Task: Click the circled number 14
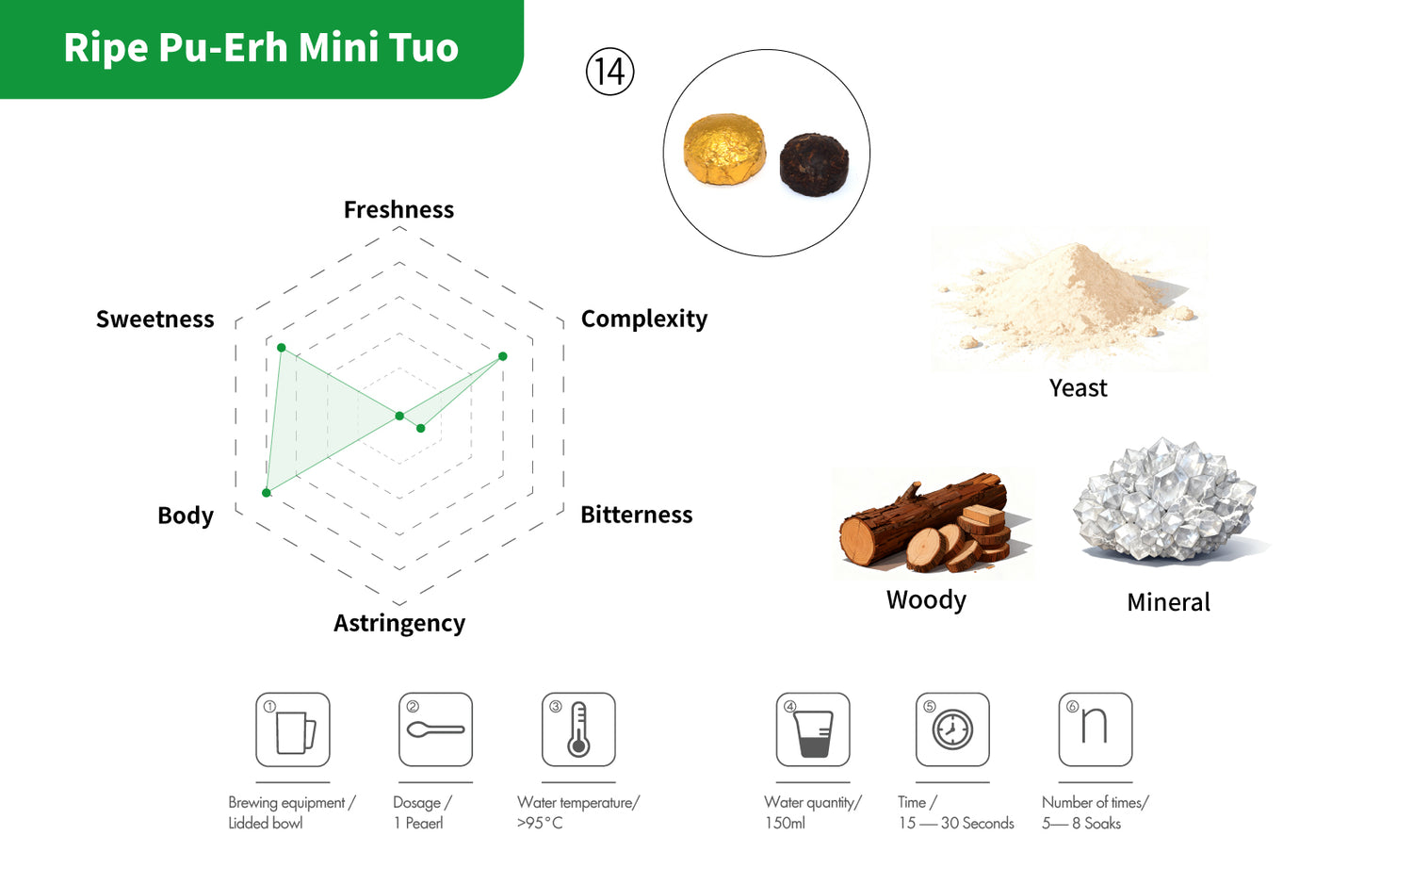(609, 72)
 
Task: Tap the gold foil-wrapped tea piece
(724, 149)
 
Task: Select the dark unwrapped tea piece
(814, 165)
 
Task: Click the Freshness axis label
(398, 209)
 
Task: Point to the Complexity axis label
(644, 319)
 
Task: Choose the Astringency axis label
(399, 623)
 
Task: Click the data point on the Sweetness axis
(282, 348)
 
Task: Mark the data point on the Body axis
(267, 492)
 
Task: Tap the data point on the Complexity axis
(503, 356)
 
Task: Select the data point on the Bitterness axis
(421, 429)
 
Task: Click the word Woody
(926, 599)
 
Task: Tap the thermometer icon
(578, 729)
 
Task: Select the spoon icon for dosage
(435, 730)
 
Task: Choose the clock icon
(952, 730)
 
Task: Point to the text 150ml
(785, 823)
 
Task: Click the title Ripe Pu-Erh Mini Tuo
(261, 47)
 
